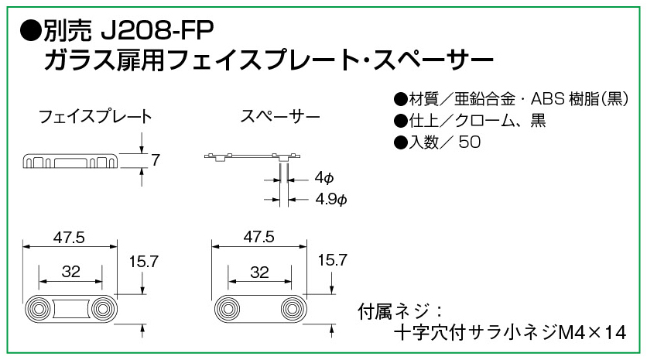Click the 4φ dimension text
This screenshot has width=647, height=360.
324,178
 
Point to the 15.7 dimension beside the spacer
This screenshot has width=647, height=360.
332,261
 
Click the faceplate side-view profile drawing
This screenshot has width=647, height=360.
70,159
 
